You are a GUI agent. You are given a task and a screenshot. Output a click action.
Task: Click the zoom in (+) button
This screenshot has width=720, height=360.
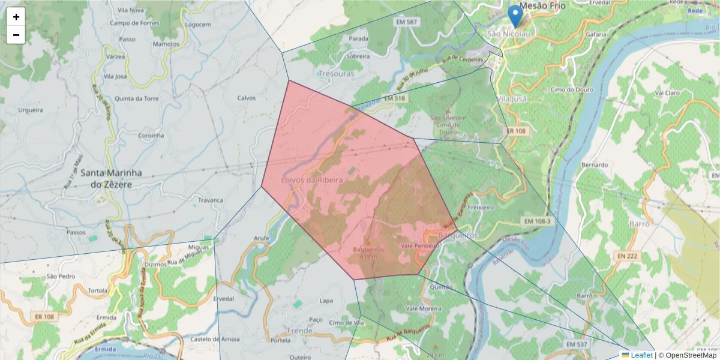[x=16, y=17]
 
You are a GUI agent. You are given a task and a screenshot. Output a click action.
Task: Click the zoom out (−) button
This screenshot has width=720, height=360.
[x=16, y=35]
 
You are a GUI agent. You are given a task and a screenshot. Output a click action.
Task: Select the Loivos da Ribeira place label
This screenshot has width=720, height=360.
[x=312, y=180]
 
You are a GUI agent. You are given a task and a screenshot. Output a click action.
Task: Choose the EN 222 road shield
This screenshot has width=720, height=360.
[x=626, y=256]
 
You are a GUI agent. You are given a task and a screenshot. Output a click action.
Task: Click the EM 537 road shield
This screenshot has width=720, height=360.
[x=576, y=344]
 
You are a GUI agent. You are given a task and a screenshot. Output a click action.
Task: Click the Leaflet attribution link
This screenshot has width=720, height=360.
[x=641, y=355]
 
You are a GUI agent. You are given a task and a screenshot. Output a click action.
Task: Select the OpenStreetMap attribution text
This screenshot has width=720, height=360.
[x=691, y=355]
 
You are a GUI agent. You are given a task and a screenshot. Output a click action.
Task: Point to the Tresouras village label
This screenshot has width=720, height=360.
[x=337, y=73]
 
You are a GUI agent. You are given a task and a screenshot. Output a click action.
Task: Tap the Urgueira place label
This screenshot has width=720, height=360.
[x=31, y=110]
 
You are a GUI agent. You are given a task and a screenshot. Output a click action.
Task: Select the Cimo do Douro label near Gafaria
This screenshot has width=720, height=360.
[x=572, y=90]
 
